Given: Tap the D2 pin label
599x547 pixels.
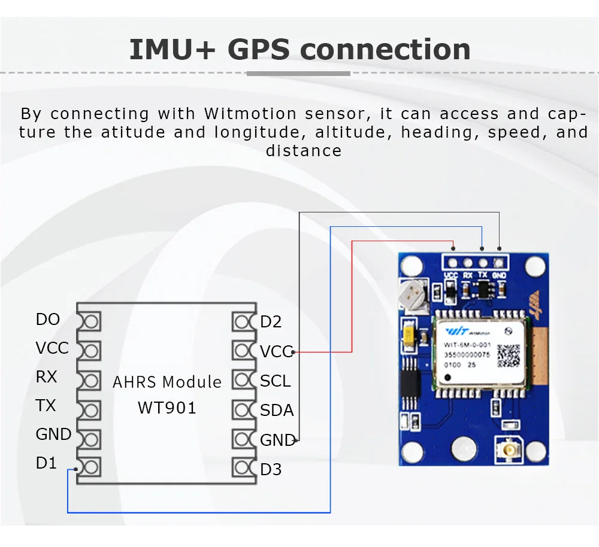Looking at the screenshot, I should point(271,323).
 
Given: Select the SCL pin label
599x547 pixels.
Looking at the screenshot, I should point(275,381).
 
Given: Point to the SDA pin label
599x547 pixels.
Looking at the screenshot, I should point(277,411).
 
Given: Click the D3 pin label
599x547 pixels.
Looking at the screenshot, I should point(271,470).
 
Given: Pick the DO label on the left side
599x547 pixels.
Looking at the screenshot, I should point(48,320).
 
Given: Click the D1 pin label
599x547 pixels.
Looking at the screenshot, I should point(46,463).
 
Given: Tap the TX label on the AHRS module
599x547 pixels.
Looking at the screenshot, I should point(46,406).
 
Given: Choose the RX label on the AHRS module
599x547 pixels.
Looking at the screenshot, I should point(46,377).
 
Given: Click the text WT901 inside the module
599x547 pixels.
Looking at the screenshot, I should point(167,408).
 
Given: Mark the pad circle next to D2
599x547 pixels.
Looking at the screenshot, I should point(243,323).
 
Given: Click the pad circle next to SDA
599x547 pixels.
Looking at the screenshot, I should point(243,411).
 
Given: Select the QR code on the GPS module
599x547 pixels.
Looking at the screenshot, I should point(509,355).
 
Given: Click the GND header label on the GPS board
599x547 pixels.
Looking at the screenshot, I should point(499,276).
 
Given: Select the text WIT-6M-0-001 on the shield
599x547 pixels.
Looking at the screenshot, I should point(467,345).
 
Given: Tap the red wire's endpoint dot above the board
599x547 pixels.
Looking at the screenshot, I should point(453,248).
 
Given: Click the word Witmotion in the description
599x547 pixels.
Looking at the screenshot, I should point(250,114).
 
